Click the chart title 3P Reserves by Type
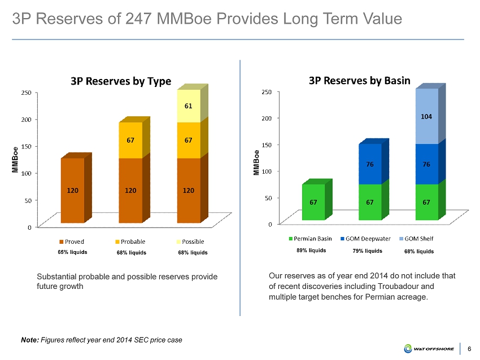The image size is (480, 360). pyautogui.click(x=121, y=81)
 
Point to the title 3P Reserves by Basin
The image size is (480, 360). pyautogui.click(x=359, y=80)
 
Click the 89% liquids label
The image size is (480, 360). pyautogui.click(x=311, y=251)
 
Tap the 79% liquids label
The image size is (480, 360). pyautogui.click(x=367, y=251)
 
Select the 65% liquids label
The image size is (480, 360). pyautogui.click(x=73, y=252)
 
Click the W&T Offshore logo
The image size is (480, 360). pyautogui.click(x=429, y=348)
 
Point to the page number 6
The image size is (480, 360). pyautogui.click(x=471, y=349)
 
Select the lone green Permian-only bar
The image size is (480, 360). pyautogui.click(x=313, y=201)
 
